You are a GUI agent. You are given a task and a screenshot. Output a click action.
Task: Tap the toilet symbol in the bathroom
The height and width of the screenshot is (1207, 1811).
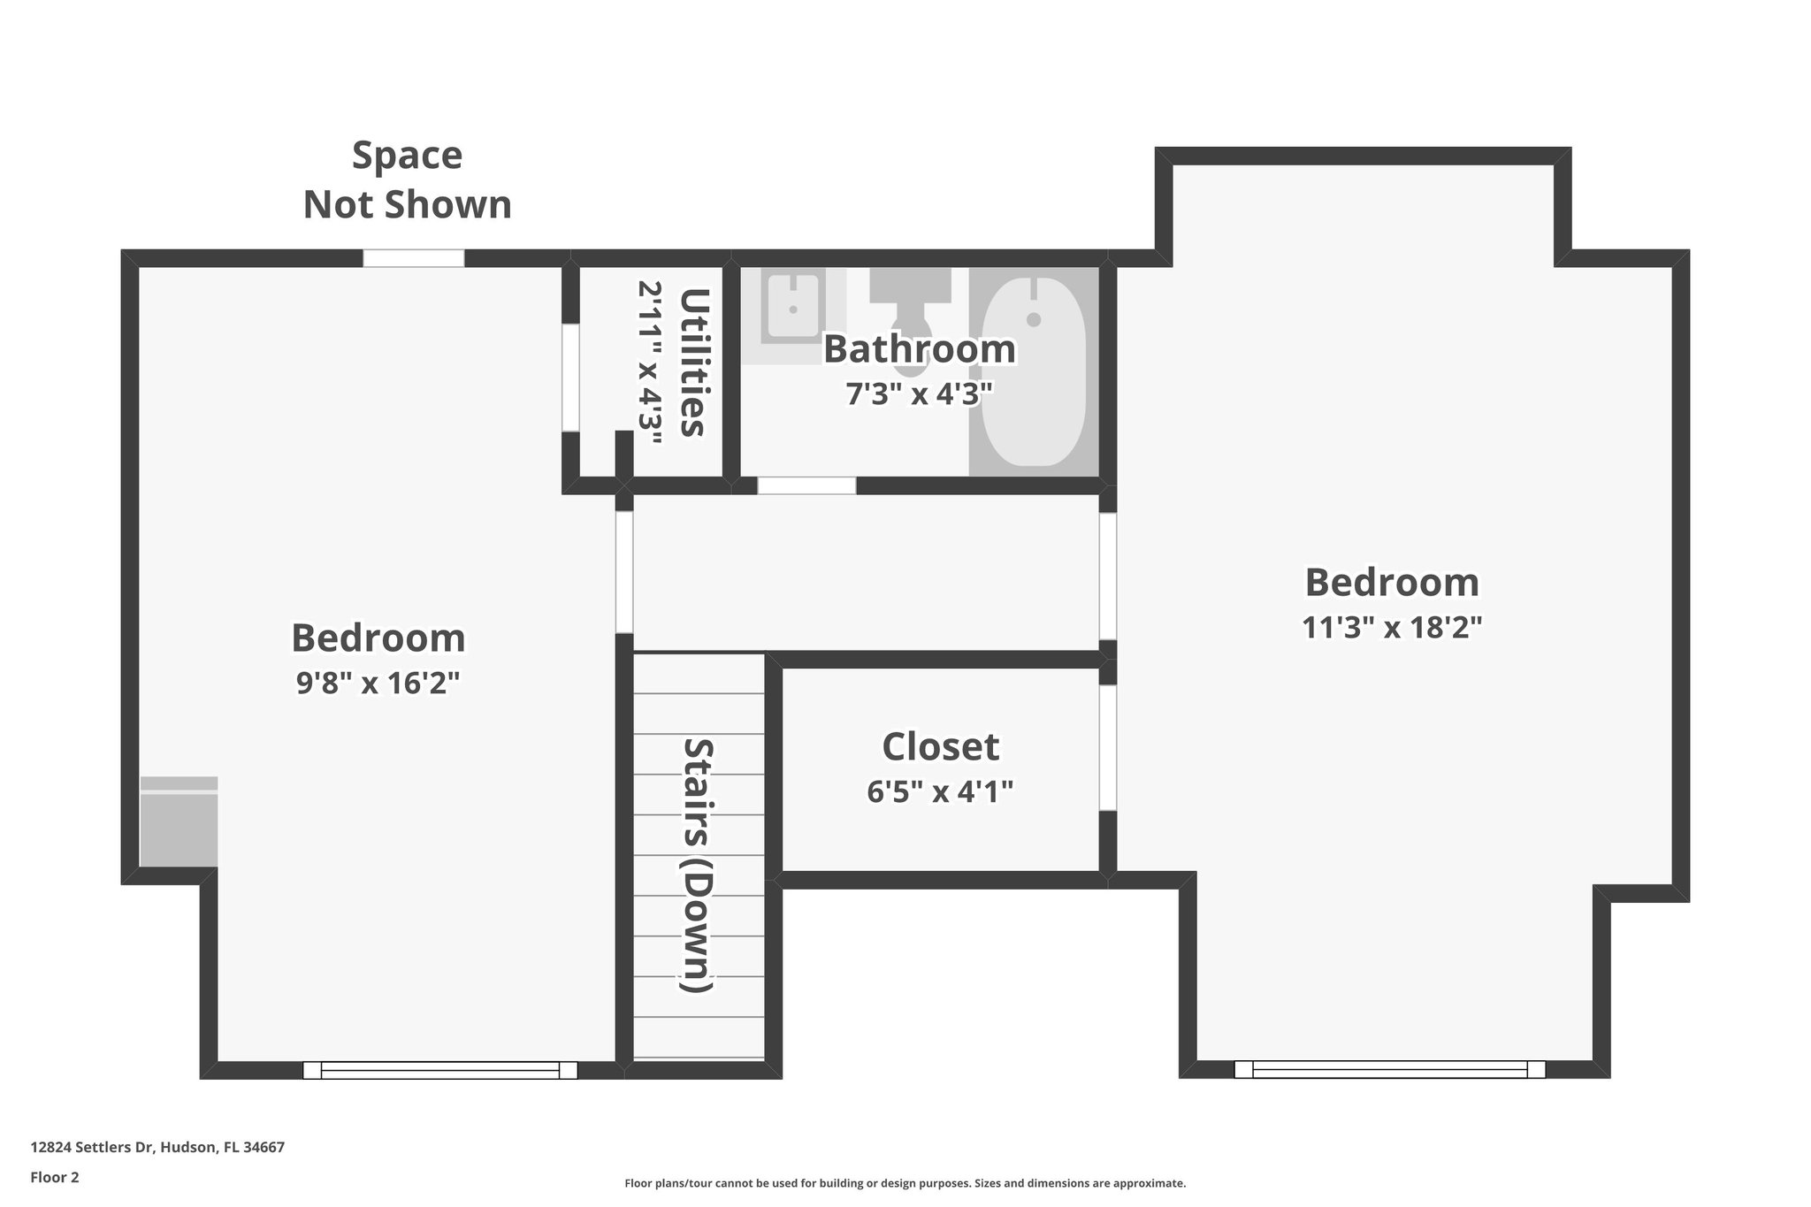tap(910, 305)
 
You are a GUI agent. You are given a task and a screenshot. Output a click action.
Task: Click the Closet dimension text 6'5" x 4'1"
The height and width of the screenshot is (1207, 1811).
tap(939, 791)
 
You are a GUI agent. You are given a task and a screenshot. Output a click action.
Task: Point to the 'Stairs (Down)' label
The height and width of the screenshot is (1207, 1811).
tap(699, 865)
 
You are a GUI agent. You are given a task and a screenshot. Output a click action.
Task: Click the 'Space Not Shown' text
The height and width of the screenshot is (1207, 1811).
tap(408, 180)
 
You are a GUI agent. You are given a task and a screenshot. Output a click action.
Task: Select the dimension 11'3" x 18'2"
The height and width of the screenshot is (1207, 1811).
tap(1391, 628)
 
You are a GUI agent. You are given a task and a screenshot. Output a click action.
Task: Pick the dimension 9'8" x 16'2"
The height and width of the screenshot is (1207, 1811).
tap(378, 683)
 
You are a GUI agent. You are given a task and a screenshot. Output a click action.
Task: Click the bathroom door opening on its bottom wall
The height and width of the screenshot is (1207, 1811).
tap(806, 485)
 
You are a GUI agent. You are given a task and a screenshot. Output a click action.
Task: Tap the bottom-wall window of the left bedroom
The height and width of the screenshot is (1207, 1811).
tap(440, 1070)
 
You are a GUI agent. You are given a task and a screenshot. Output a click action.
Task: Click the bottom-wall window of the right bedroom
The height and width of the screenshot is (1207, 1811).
tap(1389, 1069)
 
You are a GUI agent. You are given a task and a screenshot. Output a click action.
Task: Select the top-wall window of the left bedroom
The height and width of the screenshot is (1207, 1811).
tap(413, 258)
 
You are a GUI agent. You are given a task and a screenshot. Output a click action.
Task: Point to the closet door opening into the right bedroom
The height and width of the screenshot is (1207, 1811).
tap(1107, 747)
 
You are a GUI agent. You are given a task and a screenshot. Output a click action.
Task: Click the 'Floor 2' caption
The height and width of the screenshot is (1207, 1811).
tap(55, 1177)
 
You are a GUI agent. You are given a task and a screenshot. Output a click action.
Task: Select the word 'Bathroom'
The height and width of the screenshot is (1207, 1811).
tap(920, 349)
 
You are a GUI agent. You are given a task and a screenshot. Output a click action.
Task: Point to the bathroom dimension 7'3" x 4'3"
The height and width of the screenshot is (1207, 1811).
tap(920, 393)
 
